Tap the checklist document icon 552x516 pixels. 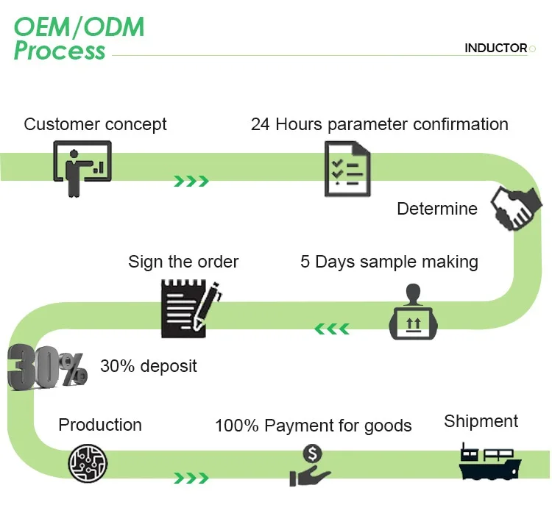pyautogui.click(x=347, y=168)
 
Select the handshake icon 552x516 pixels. pyautogui.click(x=512, y=209)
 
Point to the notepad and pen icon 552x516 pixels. pyautogui.click(x=191, y=307)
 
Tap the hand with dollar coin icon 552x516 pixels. pyautogui.click(x=311, y=465)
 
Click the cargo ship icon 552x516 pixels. pyautogui.click(x=489, y=462)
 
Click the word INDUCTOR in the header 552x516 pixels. pyautogui.click(x=495, y=49)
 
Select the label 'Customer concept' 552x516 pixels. pyautogui.click(x=95, y=124)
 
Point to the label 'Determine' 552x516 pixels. pyautogui.click(x=436, y=209)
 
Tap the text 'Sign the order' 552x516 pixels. pyautogui.click(x=183, y=262)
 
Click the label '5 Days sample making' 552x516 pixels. pyautogui.click(x=389, y=262)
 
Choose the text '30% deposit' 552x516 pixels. pyautogui.click(x=148, y=366)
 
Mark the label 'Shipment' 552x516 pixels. pyautogui.click(x=481, y=421)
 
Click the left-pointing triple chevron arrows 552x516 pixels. pyautogui.click(x=331, y=328)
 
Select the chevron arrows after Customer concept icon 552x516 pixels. pyautogui.click(x=191, y=181)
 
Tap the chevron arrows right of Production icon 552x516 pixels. pyautogui.click(x=191, y=479)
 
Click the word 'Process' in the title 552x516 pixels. pyautogui.click(x=60, y=51)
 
